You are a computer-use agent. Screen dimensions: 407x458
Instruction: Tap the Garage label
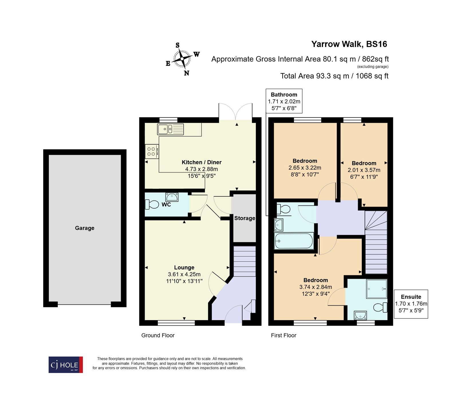[x=84, y=228]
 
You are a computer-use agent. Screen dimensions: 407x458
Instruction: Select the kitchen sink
[x=170, y=129]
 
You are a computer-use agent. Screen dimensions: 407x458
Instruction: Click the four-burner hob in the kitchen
[x=151, y=152]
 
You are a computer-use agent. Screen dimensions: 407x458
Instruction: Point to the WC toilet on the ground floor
[x=152, y=205]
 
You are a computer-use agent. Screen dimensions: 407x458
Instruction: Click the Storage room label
[x=244, y=218]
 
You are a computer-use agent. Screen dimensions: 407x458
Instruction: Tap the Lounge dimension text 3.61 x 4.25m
[x=184, y=274]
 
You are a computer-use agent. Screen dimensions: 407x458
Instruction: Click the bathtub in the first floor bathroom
[x=294, y=241]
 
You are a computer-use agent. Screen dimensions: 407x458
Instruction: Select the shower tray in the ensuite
[x=376, y=289]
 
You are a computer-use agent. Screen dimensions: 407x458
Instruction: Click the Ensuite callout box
[x=411, y=304]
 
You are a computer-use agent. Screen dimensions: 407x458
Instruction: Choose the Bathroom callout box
[x=284, y=101]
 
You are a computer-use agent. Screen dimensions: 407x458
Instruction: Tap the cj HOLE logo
[x=66, y=365]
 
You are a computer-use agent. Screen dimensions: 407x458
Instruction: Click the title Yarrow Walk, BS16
[x=349, y=44]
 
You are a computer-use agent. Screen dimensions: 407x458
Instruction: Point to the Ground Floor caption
[x=158, y=335]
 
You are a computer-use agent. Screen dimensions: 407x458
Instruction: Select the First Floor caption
[x=283, y=335]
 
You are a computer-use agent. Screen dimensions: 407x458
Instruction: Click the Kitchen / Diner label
[x=202, y=162]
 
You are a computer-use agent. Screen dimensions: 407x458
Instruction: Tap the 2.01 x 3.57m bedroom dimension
[x=364, y=170]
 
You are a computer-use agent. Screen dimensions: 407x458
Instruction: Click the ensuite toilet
[x=380, y=308]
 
